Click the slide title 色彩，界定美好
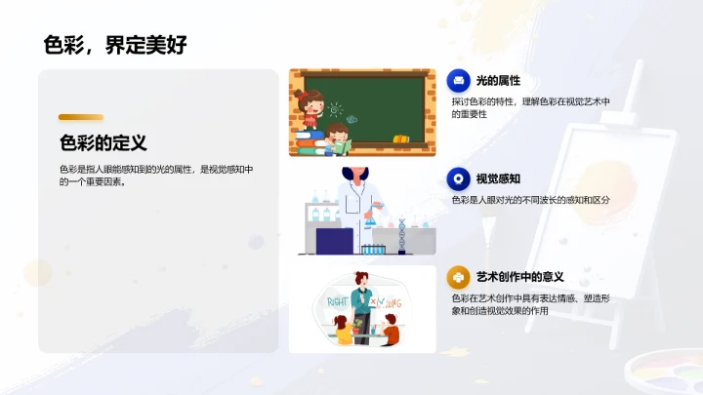pyautogui.click(x=114, y=44)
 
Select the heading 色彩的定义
pyautogui.click(x=103, y=143)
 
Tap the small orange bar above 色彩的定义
pyautogui.click(x=80, y=118)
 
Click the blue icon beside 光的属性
pyautogui.click(x=458, y=80)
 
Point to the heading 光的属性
pyautogui.click(x=498, y=80)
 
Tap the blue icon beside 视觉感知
pyautogui.click(x=458, y=178)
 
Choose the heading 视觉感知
pyautogui.click(x=498, y=178)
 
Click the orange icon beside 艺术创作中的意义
pyautogui.click(x=458, y=277)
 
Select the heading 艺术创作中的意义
pyautogui.click(x=519, y=277)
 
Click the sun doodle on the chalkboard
pyautogui.click(x=335, y=109)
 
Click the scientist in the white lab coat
pyautogui.click(x=356, y=210)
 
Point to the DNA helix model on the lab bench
pyautogui.click(x=402, y=235)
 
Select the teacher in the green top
pyautogui.click(x=362, y=298)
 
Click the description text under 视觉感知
pyautogui.click(x=530, y=199)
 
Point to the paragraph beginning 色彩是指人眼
pyautogui.click(x=155, y=176)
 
